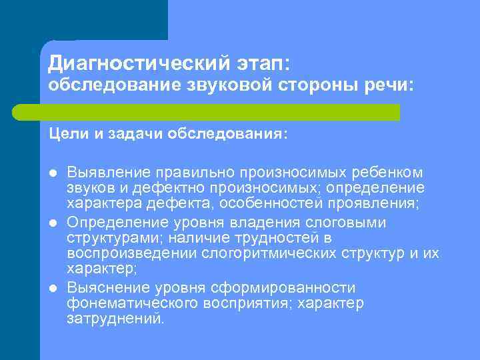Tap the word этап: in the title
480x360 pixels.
(x=261, y=64)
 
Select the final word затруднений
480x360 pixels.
(x=115, y=319)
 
